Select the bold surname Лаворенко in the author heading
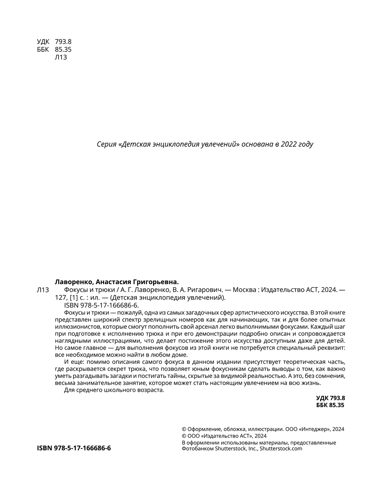(x=71, y=282)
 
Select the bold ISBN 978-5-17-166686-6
(x=74, y=448)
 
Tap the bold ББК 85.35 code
(x=330, y=405)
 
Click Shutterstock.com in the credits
(x=280, y=449)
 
